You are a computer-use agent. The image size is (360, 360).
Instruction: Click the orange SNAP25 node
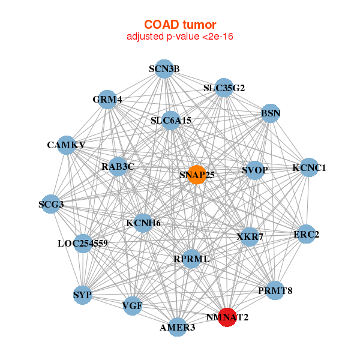coord(197,175)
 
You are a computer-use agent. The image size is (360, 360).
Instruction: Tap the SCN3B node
coord(164,68)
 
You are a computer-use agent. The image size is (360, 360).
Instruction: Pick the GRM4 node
coord(107,100)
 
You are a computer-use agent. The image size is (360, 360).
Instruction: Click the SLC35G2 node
coord(224,88)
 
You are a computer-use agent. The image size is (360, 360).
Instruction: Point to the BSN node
coord(271,113)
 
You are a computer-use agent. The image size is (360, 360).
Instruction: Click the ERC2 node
coord(306,235)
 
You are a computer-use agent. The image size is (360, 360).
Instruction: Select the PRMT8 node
coord(275,291)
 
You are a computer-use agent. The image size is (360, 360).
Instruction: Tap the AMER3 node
coord(177,328)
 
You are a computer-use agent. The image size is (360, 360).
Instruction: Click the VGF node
coord(132,307)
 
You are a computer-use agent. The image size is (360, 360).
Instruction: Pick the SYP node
coord(82,295)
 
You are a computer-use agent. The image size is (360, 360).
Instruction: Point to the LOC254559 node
coord(83,244)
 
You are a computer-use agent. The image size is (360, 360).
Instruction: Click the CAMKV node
coord(66,145)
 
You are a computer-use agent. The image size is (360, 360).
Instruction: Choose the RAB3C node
coord(118,166)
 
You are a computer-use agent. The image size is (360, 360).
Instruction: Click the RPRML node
coord(191,259)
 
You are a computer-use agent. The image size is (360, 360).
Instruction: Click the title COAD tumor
coord(179,24)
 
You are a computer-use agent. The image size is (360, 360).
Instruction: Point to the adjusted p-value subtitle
coord(179,37)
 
